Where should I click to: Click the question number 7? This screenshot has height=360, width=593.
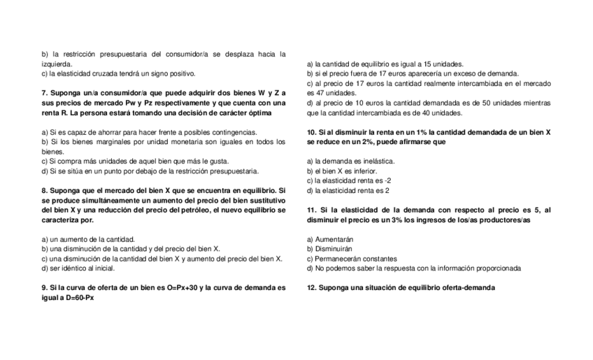(x=45, y=93)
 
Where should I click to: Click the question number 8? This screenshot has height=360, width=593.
(x=45, y=190)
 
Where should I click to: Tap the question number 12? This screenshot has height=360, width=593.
(x=312, y=287)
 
